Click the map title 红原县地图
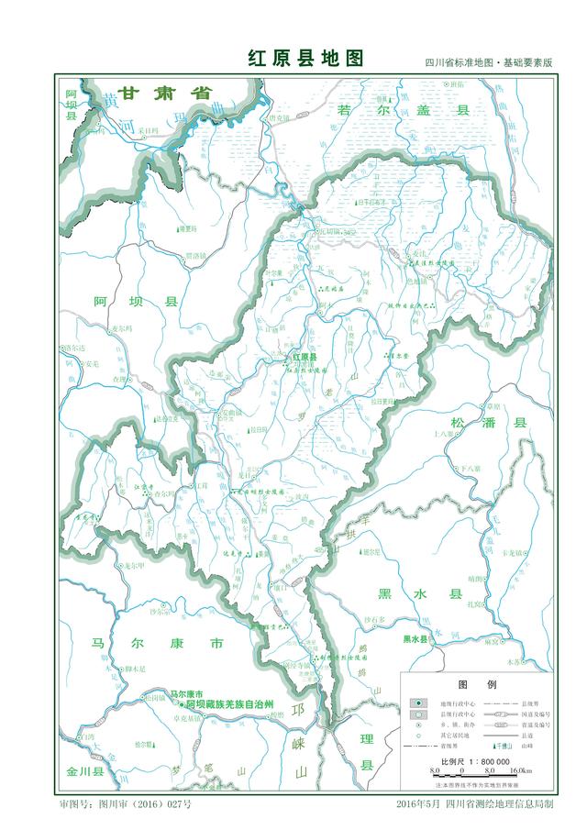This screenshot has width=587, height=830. tap(305, 59)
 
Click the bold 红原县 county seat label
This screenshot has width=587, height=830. tap(305, 358)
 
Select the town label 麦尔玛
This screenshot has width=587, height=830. tap(122, 327)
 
